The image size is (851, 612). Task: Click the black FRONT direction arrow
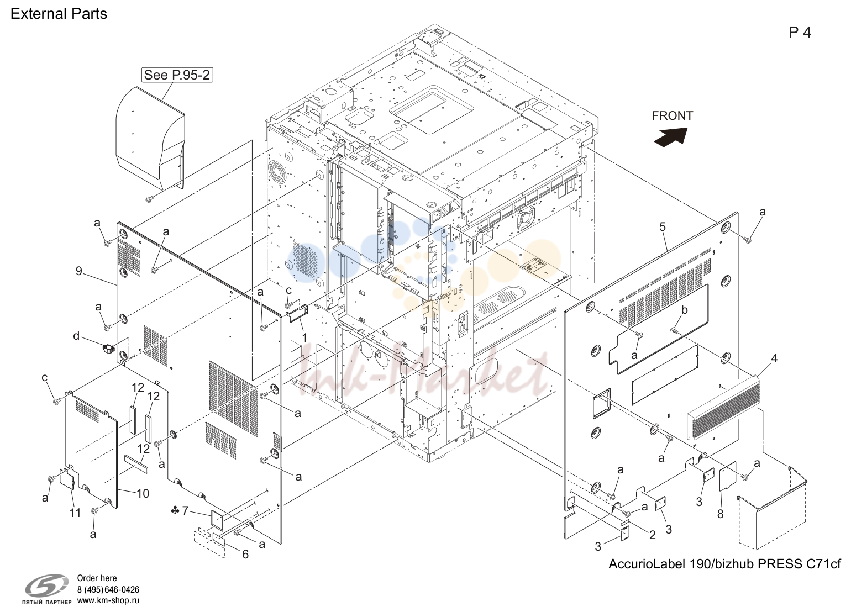(671, 136)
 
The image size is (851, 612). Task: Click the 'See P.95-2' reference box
(177, 75)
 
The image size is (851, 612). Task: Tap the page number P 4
(800, 33)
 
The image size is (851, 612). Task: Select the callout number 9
(78, 271)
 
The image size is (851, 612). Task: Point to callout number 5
(662, 227)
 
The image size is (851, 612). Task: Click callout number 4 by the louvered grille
(774, 358)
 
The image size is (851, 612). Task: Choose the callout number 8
(721, 514)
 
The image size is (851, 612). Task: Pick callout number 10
(143, 494)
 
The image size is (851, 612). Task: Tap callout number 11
(75, 513)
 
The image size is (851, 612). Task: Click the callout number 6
(245, 555)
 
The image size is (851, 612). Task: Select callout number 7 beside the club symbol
(185, 510)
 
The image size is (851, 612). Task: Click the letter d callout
(76, 336)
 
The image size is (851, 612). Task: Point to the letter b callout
(684, 310)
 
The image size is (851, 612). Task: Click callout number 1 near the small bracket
(304, 337)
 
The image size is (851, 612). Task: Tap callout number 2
(652, 535)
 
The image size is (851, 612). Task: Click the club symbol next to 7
(175, 511)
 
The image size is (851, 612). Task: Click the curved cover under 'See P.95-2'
(150, 138)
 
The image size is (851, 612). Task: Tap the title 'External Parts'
(59, 14)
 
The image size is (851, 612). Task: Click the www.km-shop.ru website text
(108, 600)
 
